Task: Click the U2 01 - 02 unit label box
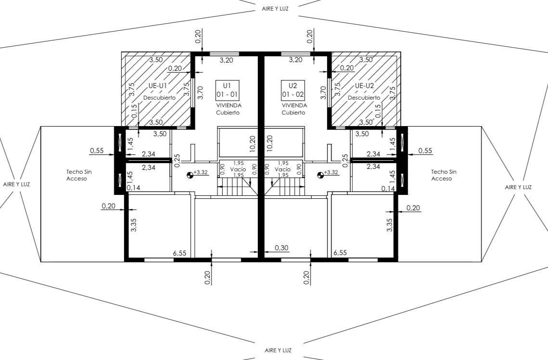[x=293, y=90]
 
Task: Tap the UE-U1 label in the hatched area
[x=158, y=86]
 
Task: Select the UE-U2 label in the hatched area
[x=365, y=86]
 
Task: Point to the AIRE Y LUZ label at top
[x=275, y=9]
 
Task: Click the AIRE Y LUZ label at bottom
[x=278, y=350]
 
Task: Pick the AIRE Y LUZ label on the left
[x=16, y=184]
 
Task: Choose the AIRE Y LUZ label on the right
[x=518, y=187]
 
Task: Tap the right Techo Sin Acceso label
[x=444, y=175]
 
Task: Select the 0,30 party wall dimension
[x=281, y=248]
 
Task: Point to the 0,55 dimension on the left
[x=97, y=151]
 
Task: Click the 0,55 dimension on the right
[x=425, y=151]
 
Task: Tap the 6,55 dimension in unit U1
[x=179, y=253]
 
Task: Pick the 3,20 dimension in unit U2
[x=296, y=60]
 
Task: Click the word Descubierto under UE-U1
[x=159, y=98]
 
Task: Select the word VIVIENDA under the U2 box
[x=294, y=105]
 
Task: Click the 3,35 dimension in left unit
[x=133, y=225]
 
